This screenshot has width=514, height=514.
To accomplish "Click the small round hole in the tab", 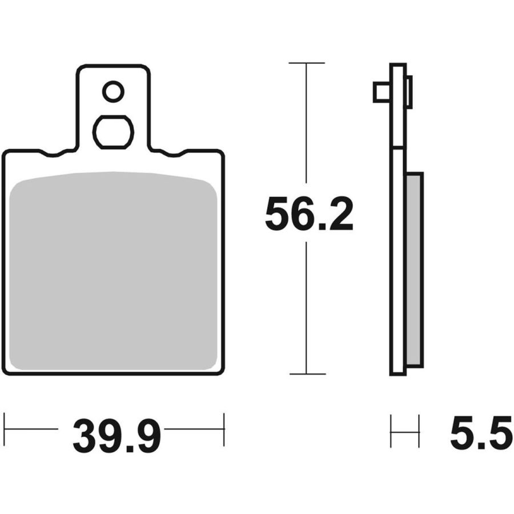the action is click(114, 91).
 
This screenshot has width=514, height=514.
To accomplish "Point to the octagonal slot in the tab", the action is click(114, 132).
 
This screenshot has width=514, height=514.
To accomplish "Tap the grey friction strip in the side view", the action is click(415, 270).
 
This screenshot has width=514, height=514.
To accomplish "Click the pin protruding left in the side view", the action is click(382, 93).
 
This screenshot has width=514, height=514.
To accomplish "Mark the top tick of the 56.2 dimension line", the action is click(307, 63).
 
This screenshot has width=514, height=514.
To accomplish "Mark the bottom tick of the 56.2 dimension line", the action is click(307, 374).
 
